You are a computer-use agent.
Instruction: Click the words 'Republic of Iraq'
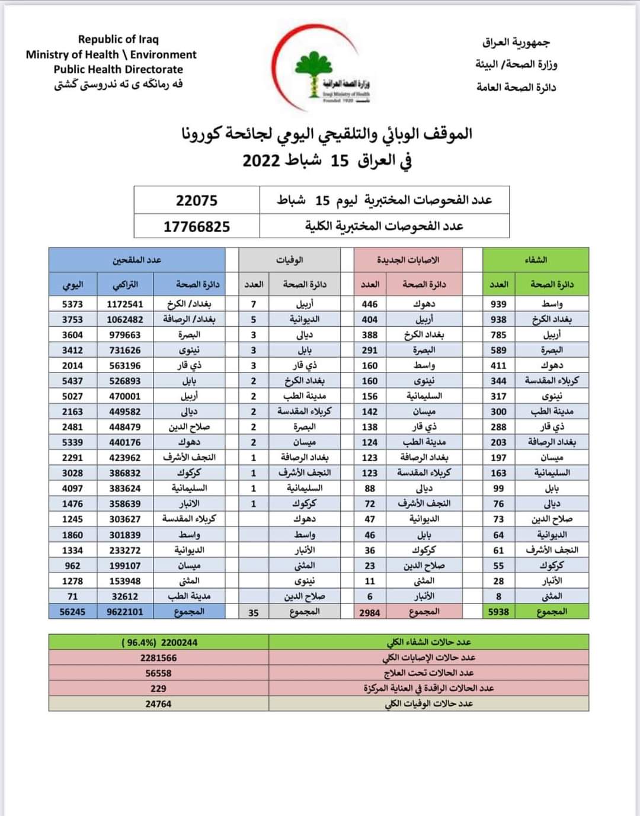coord(119,39)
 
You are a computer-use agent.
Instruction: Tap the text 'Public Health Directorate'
coord(119,69)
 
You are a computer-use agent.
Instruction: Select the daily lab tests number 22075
coord(197,200)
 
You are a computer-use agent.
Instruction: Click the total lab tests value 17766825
coord(197,226)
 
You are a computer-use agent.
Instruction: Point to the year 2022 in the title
coord(261,160)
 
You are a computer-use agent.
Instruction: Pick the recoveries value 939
coord(498,304)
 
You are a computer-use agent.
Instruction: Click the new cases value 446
coord(370,304)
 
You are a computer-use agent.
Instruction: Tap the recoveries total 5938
coord(498,612)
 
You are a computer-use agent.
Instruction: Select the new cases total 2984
coord(370,612)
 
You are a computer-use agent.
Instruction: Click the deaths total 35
coord(254,612)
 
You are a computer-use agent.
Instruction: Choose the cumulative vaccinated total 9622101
coord(125,612)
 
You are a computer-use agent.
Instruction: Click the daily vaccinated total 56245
coord(72,612)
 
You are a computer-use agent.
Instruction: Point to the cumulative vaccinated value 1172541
coord(125,304)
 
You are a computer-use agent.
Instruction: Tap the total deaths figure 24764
coord(158,703)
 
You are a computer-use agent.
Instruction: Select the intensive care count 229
coord(158,688)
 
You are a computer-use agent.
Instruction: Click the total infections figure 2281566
coord(158,657)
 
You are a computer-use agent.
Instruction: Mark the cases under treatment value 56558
coord(158,673)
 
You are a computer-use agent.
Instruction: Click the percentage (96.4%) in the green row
coord(133,642)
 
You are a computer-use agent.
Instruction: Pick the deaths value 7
coord(254,304)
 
